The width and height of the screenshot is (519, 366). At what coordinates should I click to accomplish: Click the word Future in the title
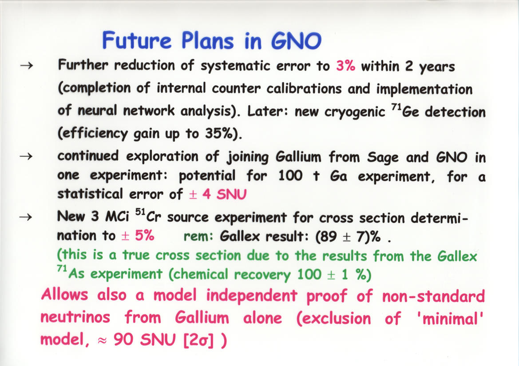[x=137, y=40]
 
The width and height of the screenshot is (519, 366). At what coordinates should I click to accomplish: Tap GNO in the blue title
[x=296, y=41]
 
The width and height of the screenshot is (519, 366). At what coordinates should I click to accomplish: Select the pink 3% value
[x=345, y=66]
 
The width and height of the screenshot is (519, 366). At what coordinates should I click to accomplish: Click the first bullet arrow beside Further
[x=27, y=66]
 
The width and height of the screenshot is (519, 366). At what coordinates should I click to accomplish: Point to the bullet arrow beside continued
[x=27, y=156]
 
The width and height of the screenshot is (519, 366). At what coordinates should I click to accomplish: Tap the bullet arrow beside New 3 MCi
[x=27, y=217]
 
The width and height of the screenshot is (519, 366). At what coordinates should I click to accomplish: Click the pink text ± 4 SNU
[x=218, y=194]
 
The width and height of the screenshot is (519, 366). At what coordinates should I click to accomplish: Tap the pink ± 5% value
[x=138, y=235]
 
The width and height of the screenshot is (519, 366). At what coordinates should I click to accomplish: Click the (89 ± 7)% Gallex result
[x=348, y=236]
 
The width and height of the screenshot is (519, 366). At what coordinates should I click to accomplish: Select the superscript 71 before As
[x=62, y=268]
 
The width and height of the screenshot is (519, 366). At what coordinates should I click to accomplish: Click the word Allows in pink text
[x=64, y=294]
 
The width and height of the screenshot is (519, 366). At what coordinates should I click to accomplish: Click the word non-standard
[x=433, y=296]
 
